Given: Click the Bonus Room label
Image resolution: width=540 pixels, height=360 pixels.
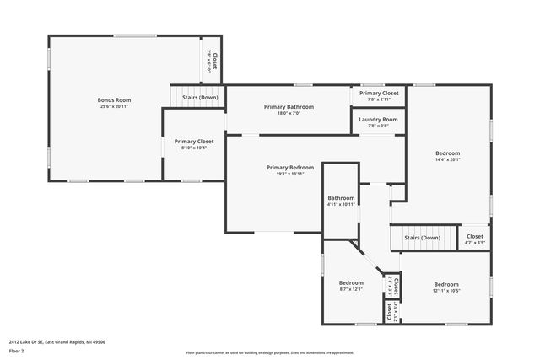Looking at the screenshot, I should coord(114,100).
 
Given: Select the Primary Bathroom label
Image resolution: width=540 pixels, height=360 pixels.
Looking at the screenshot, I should coord(289,107).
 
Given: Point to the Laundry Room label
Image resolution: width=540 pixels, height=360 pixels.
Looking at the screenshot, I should coord(378,120).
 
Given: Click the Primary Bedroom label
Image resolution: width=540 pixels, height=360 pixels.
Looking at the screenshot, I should coord(289,168).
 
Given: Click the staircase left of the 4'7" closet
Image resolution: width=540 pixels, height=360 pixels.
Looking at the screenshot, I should coord(422,238).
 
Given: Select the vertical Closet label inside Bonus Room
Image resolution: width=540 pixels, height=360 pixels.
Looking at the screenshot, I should coord(214,62).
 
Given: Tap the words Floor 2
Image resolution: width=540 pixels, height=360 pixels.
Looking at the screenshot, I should coord(16,351).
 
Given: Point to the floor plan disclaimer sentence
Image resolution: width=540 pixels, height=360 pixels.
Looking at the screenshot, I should coord(270,353).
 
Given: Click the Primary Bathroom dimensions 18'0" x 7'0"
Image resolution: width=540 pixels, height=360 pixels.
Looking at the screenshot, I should coord(289,114).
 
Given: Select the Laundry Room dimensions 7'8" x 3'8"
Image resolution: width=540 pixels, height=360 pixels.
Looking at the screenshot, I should coord(378,126).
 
